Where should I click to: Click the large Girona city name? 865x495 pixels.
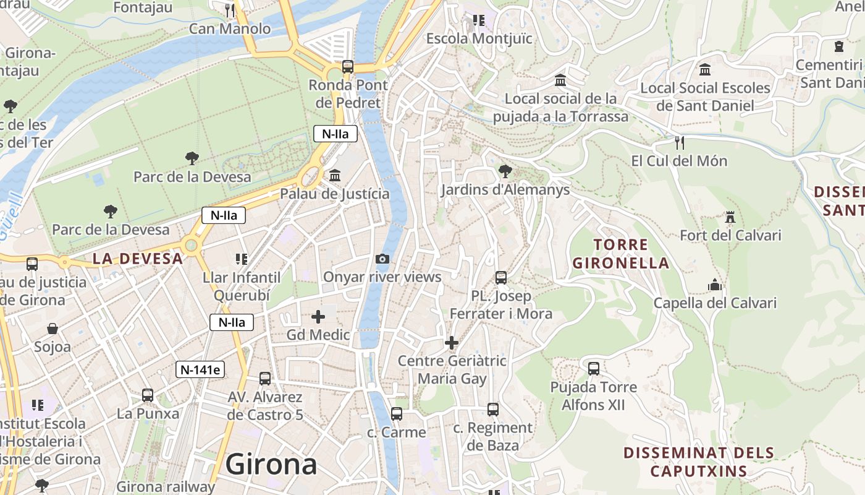pyautogui.click(x=271, y=464)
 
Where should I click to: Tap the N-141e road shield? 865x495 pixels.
pyautogui.click(x=200, y=369)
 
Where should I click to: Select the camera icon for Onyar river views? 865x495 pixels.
pyautogui.click(x=382, y=259)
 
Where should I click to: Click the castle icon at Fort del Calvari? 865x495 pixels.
pyautogui.click(x=730, y=217)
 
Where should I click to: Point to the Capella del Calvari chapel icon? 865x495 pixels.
pyautogui.click(x=715, y=285)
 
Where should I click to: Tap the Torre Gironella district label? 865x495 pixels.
pyautogui.click(x=621, y=254)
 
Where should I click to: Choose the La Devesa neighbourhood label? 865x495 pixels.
pyautogui.click(x=138, y=259)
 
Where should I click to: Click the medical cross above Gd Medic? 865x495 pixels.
pyautogui.click(x=318, y=317)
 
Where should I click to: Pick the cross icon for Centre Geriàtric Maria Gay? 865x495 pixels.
pyautogui.click(x=452, y=343)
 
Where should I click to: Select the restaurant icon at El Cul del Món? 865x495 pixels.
pyautogui.click(x=680, y=143)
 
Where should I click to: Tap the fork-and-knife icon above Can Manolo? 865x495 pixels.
pyautogui.click(x=230, y=10)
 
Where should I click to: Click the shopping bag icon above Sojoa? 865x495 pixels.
pyautogui.click(x=53, y=328)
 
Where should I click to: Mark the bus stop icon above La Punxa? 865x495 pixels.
pyautogui.click(x=148, y=395)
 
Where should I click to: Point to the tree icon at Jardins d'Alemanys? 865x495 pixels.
pyautogui.click(x=505, y=171)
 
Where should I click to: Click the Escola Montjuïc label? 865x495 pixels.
pyautogui.click(x=479, y=38)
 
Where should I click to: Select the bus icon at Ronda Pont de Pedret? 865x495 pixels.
pyautogui.click(x=348, y=66)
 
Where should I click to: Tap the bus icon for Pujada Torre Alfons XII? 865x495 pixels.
pyautogui.click(x=594, y=369)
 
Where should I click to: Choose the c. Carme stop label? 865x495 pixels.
pyautogui.click(x=397, y=432)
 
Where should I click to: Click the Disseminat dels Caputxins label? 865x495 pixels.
pyautogui.click(x=699, y=462)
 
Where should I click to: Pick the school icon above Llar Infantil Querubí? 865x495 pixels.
pyautogui.click(x=242, y=259)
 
